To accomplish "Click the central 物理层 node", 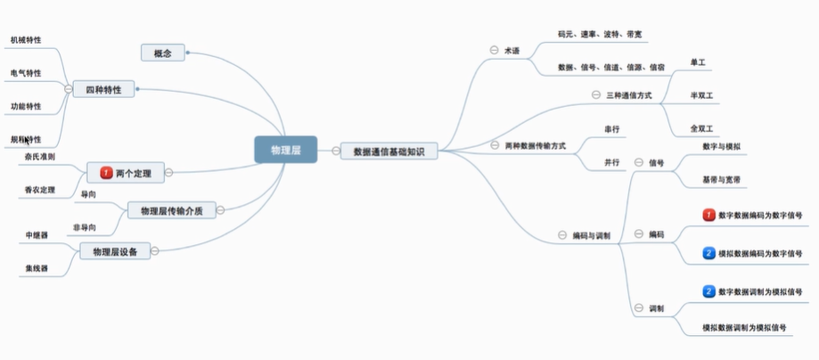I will tap(285, 151).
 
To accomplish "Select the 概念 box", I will tap(162, 53).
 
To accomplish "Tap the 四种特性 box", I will tap(103, 89).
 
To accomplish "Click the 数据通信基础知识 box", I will tap(389, 151).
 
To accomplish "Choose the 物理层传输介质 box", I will tap(172, 210).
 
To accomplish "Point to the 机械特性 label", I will tap(26, 40).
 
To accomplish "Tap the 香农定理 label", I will tap(40, 190).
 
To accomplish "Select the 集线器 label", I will tap(37, 267).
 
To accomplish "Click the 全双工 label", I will tap(702, 128).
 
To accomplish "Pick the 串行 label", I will tap(611, 129).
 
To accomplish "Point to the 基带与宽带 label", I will tap(721, 180).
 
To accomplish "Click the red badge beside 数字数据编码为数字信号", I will tap(709, 215).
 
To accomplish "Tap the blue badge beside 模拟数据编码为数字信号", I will tap(709, 253).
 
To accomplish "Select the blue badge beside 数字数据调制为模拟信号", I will tap(709, 291).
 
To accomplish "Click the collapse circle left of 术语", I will tap(494, 50).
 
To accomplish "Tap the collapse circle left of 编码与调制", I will tap(561, 235).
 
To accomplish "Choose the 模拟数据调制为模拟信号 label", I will tap(745, 328).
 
